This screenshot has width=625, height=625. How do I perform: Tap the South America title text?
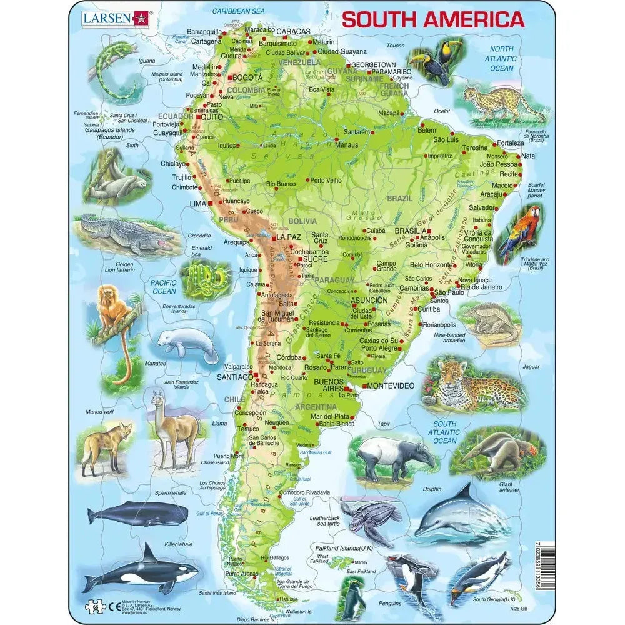pos(432,20)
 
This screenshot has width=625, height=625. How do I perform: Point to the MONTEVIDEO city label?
pos(390,386)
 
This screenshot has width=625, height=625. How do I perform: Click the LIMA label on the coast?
pos(197,203)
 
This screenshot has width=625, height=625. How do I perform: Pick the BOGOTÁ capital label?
pos(247,77)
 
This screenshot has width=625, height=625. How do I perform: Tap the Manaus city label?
pos(347,145)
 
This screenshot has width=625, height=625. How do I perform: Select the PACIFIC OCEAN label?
pos(164,287)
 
